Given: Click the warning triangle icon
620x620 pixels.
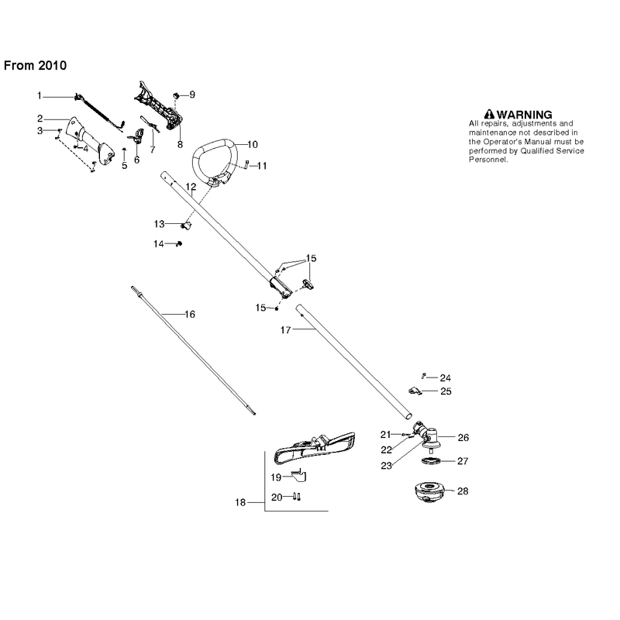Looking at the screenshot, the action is [x=489, y=114].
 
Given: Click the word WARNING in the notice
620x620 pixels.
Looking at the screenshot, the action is [x=525, y=115].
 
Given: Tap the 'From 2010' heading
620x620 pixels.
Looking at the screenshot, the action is [x=35, y=65].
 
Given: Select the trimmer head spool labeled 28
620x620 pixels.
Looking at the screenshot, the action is [x=429, y=492].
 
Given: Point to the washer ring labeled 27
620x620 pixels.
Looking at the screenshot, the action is [x=430, y=460].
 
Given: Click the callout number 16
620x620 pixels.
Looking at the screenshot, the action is [x=190, y=315].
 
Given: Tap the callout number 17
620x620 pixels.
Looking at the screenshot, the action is [x=285, y=330].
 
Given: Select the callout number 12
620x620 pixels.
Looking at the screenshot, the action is [x=191, y=187].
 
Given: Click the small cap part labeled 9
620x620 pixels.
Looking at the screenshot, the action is [x=177, y=95].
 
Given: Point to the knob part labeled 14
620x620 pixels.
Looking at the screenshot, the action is [x=179, y=243].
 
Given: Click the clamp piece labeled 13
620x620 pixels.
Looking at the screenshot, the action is [x=186, y=226].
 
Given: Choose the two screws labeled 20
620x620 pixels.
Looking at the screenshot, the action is [x=297, y=496].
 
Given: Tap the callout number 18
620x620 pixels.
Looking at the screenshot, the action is [x=240, y=502].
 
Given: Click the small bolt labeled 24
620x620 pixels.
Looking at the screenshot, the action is [x=423, y=376].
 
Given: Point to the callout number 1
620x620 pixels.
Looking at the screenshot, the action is [x=40, y=95].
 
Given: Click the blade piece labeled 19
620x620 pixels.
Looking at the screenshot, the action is [x=299, y=474].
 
